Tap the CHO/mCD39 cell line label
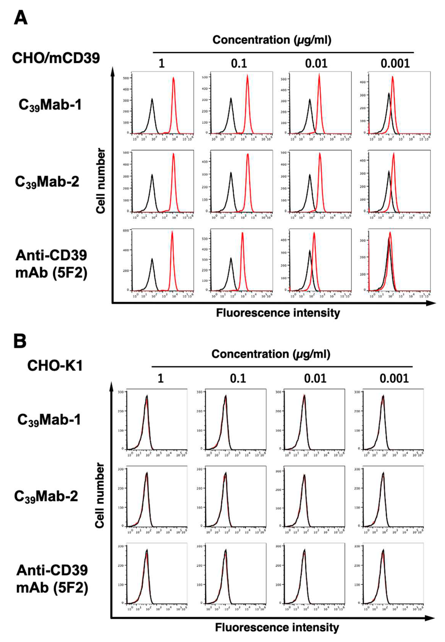[56, 58]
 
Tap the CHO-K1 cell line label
[55, 365]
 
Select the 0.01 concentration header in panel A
[316, 64]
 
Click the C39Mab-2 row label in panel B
[46, 496]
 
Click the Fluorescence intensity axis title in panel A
[278, 313]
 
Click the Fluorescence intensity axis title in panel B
[277, 627]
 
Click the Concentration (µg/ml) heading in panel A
[272, 40]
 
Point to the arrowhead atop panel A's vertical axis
[113, 71]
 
